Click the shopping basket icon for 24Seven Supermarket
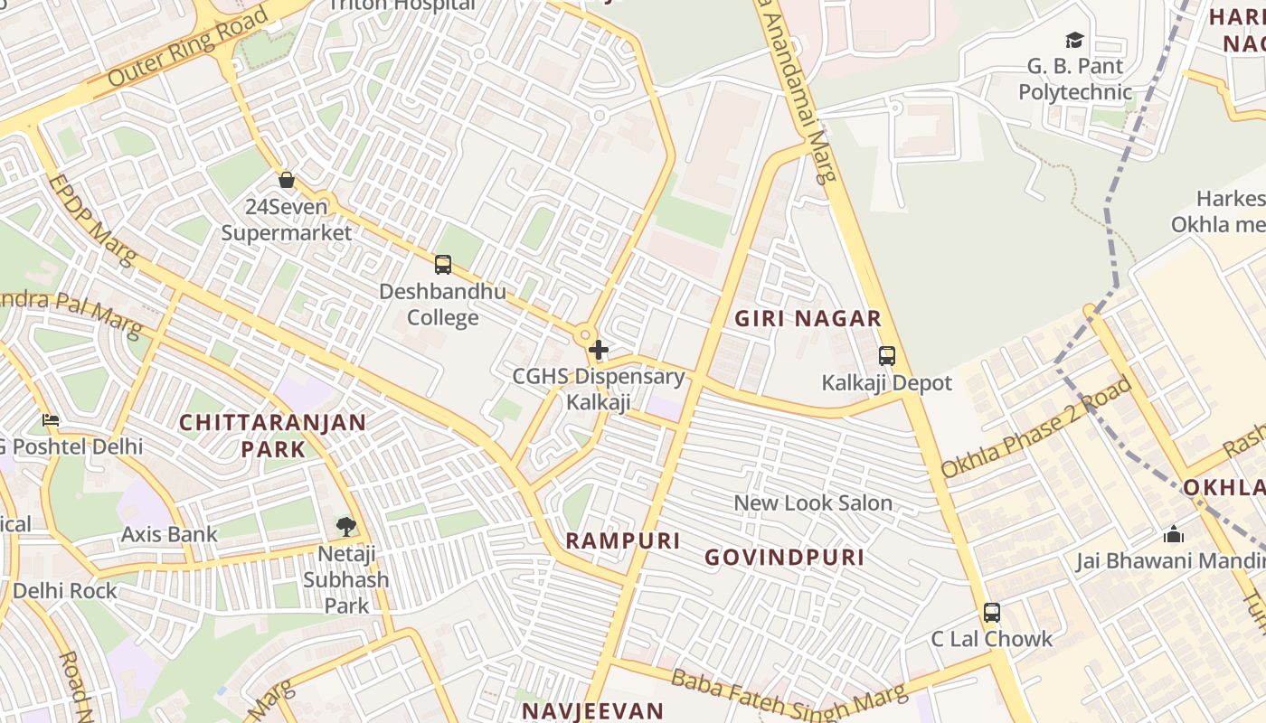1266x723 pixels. pos(287,180)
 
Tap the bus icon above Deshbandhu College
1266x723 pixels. pos(443,265)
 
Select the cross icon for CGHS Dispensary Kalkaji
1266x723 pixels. pos(598,350)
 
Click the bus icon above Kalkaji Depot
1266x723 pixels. pos(887,356)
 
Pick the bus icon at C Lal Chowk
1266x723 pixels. pos(992,613)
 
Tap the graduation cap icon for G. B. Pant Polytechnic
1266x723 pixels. pos(1074,41)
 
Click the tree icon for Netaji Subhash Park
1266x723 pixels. pos(345,526)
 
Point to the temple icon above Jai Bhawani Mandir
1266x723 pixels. pos(1174,535)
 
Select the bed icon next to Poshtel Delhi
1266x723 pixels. pos(51,420)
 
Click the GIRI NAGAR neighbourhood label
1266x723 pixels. pos(808,318)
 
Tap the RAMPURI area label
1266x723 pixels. pos(622,540)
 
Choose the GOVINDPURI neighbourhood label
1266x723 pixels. pos(784,557)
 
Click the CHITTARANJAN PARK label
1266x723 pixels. pos(272,435)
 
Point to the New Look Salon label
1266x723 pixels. pos(813,503)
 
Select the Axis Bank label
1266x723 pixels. pos(170,534)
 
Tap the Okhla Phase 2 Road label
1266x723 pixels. pos(1036,427)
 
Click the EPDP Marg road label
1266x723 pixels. pos(92,221)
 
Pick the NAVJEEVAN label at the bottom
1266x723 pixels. pos(592,710)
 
